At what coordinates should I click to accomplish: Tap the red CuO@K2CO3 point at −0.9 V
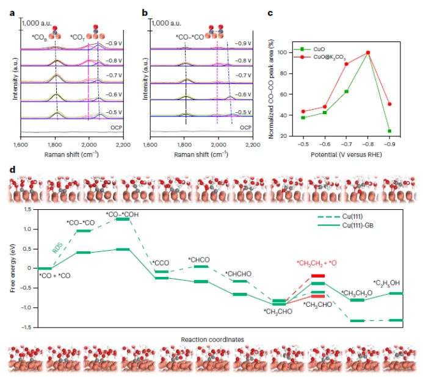coord(389,104)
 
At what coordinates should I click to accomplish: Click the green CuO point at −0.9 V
coord(389,131)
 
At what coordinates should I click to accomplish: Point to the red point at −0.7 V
coord(346,64)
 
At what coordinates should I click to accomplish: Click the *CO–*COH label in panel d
coord(121,214)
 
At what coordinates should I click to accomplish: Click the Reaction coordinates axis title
coord(212,339)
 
